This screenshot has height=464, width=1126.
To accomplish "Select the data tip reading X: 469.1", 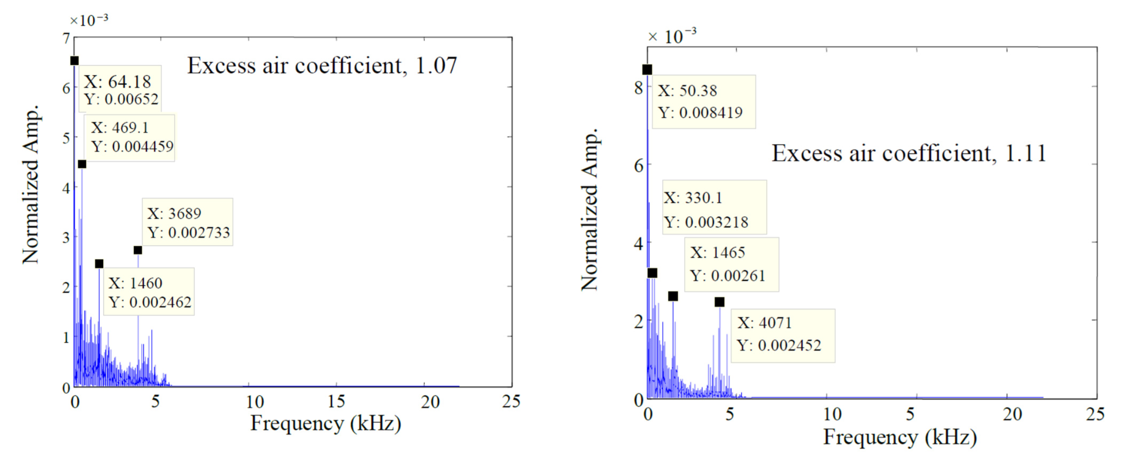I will (x=130, y=137).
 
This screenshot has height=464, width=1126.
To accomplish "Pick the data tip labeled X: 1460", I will (x=149, y=292).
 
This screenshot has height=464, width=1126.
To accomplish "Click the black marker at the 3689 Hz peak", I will (x=138, y=250).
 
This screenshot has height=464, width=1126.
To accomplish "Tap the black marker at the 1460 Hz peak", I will (x=99, y=264).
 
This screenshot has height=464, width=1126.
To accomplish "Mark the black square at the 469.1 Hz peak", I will (x=82, y=164).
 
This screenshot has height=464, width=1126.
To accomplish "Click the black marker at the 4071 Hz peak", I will (x=719, y=302).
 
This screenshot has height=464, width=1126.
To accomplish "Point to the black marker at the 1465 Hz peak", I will (x=673, y=296).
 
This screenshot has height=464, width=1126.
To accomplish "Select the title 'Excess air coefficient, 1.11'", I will (x=909, y=154).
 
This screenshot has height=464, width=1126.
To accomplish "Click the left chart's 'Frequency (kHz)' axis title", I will (x=325, y=423).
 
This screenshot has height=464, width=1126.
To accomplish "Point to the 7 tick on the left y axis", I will (x=66, y=39).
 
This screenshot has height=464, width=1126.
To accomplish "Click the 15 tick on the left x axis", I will (x=336, y=402).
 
